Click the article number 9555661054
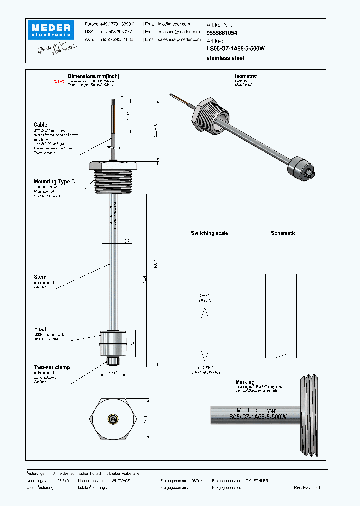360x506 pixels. pyautogui.click(x=222, y=32)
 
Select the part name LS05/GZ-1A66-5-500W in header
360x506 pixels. pyautogui.click(x=235, y=49)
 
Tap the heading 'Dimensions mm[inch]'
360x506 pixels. pyautogui.click(x=94, y=76)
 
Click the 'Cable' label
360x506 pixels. pyautogui.click(x=40, y=125)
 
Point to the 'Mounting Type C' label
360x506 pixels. pyautogui.click(x=54, y=182)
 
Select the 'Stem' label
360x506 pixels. pyautogui.click(x=40, y=277)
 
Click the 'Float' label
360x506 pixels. pyautogui.click(x=40, y=329)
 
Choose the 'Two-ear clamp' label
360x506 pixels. pyautogui.click(x=52, y=367)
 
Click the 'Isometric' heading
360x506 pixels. pyautogui.click(x=246, y=76)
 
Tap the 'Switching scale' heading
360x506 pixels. pyautogui.click(x=209, y=233)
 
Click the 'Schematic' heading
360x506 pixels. pyautogui.click(x=283, y=233)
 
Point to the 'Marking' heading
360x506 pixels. pyautogui.click(x=245, y=382)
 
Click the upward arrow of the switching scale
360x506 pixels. pyautogui.click(x=204, y=314)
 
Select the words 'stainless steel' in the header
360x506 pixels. pyautogui.click(x=225, y=58)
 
